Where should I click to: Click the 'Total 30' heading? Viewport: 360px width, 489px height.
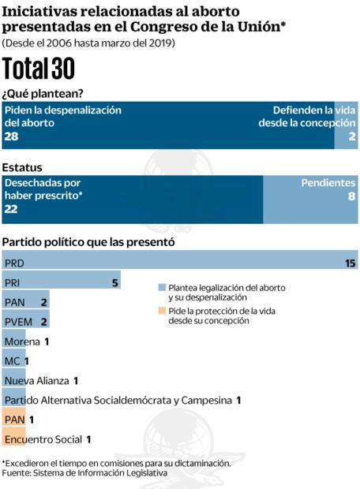coord(39,69)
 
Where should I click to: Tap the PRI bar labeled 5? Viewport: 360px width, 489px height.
coord(62,282)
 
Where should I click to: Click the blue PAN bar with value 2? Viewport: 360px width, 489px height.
coord(26,302)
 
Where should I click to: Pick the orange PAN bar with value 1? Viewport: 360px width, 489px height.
coord(13,420)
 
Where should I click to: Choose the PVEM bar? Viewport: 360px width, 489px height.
coord(26,322)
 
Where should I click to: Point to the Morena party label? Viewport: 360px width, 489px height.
coord(22,342)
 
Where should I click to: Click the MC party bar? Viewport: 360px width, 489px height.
coord(13,361)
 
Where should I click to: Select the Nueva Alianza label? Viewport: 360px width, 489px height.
coord(36,380)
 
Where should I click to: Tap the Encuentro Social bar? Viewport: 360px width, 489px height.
coord(13,439)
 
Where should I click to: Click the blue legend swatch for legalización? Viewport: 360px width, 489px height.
coord(162,288)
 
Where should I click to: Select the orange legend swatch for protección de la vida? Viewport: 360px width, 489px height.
coord(162,312)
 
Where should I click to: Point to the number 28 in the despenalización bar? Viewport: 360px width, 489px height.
coord(11,136)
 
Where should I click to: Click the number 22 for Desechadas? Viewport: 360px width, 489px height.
coord(11,208)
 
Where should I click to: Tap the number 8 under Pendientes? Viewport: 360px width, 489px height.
coord(351,196)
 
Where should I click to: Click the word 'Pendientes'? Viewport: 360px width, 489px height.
coord(328,182)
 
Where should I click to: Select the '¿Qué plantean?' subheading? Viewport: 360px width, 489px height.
coord(43,93)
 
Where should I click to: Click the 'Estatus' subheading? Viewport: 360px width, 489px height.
coord(22,167)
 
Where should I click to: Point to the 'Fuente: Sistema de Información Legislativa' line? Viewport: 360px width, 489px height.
coord(84,473)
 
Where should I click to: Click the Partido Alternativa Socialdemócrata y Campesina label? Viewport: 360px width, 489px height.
coord(118,400)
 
